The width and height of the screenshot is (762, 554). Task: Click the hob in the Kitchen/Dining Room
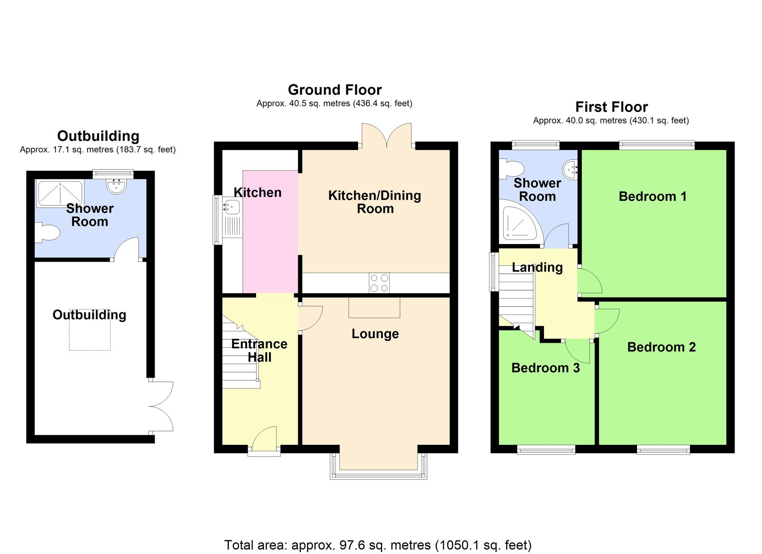(379, 283)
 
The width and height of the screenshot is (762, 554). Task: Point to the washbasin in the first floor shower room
(570, 169)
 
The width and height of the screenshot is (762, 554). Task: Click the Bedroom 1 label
(652, 196)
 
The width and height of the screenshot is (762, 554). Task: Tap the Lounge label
(375, 334)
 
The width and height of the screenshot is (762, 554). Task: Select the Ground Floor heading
(335, 90)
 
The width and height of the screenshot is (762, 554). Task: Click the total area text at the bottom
(378, 545)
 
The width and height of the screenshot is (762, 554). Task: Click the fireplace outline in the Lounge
(374, 308)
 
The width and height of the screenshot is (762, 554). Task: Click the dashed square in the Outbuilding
(90, 330)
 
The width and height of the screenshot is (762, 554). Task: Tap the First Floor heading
(611, 107)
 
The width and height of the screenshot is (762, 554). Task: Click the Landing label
(537, 267)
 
